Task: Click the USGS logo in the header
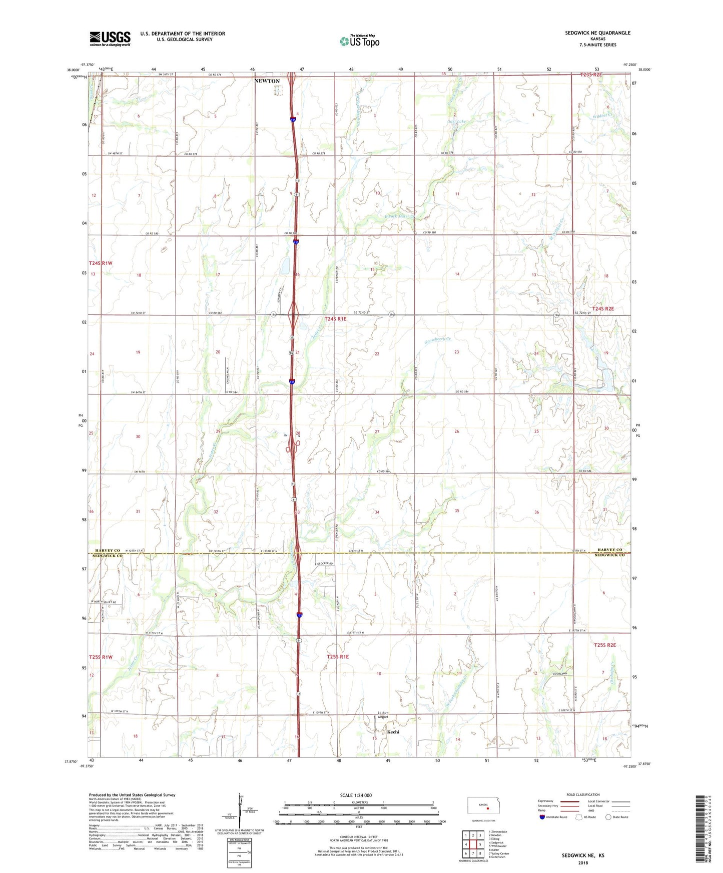pos(110,38)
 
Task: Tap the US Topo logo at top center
pos(359,41)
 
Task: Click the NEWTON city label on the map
pos(267,81)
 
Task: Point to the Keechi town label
pos(393,732)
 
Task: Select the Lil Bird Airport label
pos(383,715)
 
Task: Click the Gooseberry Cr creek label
pos(438,339)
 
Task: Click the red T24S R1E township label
pos(335,318)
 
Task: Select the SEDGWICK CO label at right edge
pos(609,555)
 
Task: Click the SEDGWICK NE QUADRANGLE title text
pos(597,33)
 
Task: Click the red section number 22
pos(377,353)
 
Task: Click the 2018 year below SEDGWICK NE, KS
pos(583,862)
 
